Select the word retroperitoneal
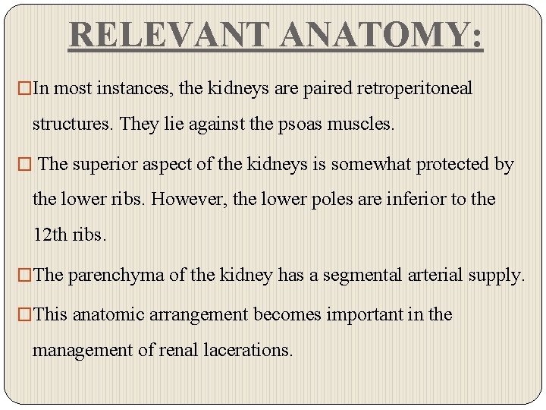point(413,89)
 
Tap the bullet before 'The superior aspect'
point(27,164)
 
